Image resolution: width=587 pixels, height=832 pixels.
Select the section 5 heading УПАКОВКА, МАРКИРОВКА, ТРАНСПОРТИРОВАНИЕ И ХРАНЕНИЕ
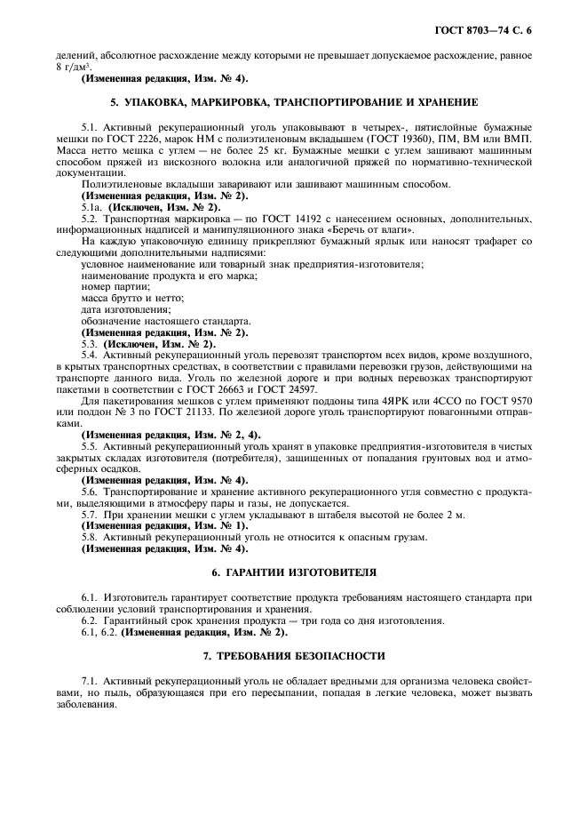pos(293,102)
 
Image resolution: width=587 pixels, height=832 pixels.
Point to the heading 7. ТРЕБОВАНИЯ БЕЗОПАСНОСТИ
pos(294,655)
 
